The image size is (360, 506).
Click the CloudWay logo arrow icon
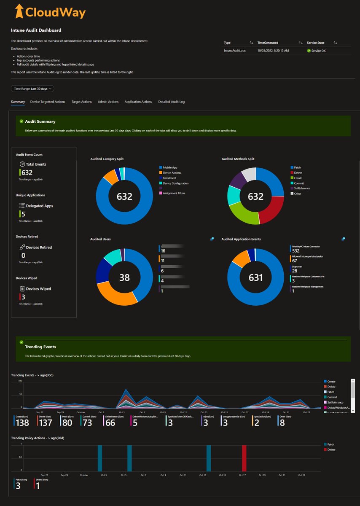pyautogui.click(x=18, y=12)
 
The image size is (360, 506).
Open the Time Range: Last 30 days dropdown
pyautogui.click(x=32, y=89)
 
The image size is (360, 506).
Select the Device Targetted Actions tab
pyautogui.click(x=48, y=102)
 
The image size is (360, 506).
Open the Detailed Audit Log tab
pyautogui.click(x=171, y=102)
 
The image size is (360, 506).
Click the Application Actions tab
pyautogui.click(x=138, y=102)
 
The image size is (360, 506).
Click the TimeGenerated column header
pyautogui.click(x=268, y=43)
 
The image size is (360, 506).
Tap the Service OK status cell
pyautogui.click(x=318, y=51)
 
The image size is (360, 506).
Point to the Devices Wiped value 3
pyautogui.click(x=23, y=297)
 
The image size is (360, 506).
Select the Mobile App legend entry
pyautogui.click(x=170, y=167)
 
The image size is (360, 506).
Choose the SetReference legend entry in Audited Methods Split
pyautogui.click(x=301, y=188)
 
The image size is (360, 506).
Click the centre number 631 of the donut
pyautogui.click(x=255, y=277)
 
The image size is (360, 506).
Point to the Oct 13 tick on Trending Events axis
pyautogui.click(x=204, y=412)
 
